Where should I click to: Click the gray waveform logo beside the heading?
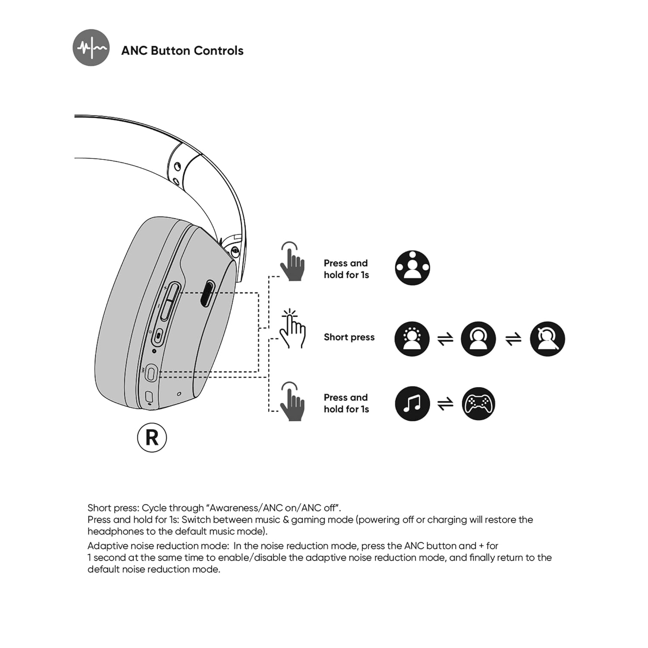[x=91, y=48]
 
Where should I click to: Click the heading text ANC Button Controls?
[x=182, y=51]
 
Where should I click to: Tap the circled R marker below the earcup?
[x=152, y=438]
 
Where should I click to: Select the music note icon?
[x=412, y=403]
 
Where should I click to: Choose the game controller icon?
[x=478, y=403]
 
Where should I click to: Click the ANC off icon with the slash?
[x=547, y=339]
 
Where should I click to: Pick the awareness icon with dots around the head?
[x=412, y=339]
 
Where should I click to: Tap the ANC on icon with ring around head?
[x=478, y=339]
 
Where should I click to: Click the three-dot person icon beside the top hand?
[x=413, y=268]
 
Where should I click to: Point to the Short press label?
[x=349, y=337]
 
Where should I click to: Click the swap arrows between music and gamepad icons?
[x=445, y=404]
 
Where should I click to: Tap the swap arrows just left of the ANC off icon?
[x=513, y=339]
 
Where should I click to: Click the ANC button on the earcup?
[x=151, y=373]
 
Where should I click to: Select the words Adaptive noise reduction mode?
[x=158, y=546]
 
